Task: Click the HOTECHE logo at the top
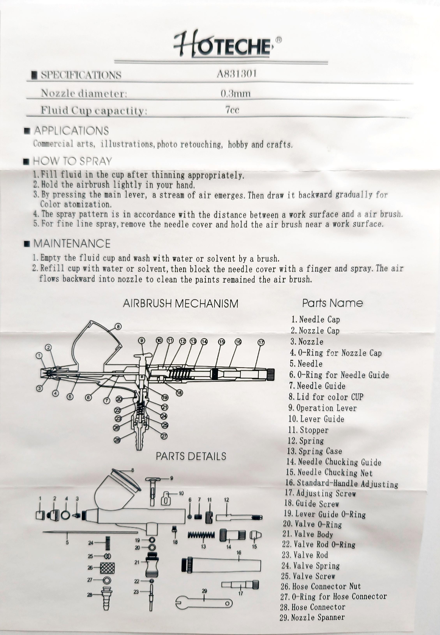(222, 44)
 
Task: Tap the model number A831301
(236, 74)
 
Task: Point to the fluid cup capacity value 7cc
(232, 110)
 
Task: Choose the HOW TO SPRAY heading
(72, 161)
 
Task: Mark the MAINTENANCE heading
(72, 243)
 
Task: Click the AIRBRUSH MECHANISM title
(180, 303)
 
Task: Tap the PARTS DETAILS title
(191, 456)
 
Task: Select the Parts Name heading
(332, 303)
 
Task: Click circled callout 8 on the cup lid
(118, 327)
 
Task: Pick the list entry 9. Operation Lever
(322, 408)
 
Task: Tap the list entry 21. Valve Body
(307, 534)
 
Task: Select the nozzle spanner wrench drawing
(204, 603)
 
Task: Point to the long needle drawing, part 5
(91, 532)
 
